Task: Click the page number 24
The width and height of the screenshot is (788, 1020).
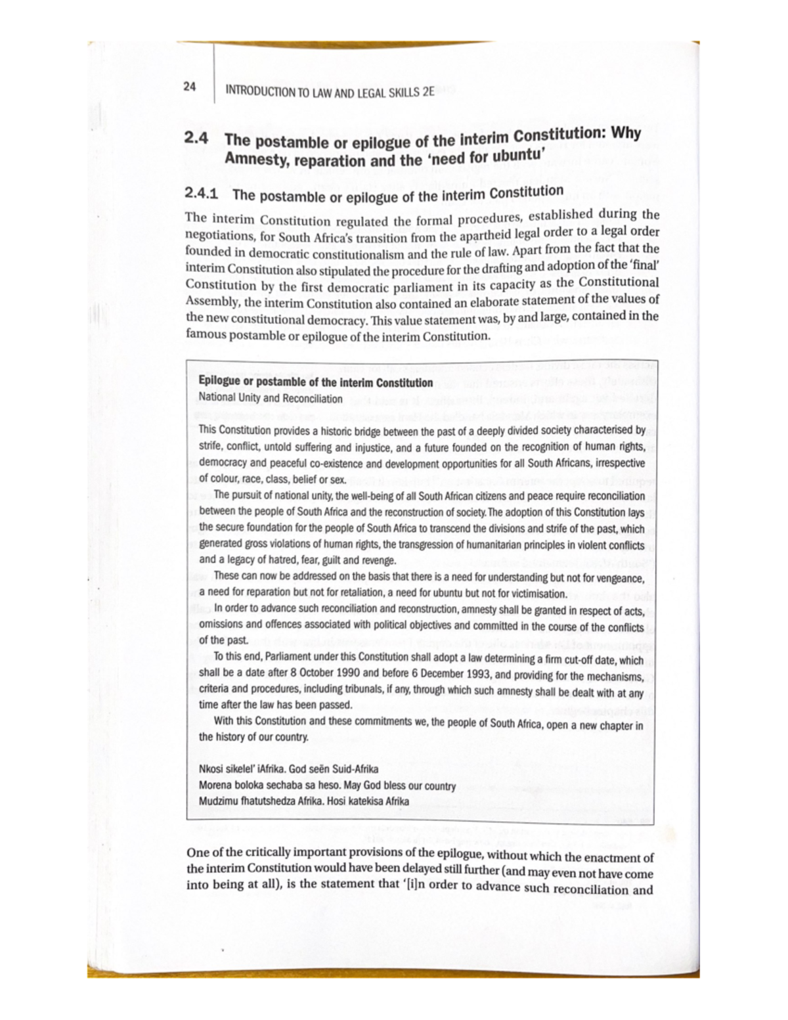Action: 189,87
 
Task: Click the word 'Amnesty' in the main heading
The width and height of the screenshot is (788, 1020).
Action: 253,160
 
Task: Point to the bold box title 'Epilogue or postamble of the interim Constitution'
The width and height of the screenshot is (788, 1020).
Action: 315,383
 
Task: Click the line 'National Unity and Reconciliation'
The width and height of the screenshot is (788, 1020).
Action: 270,399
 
